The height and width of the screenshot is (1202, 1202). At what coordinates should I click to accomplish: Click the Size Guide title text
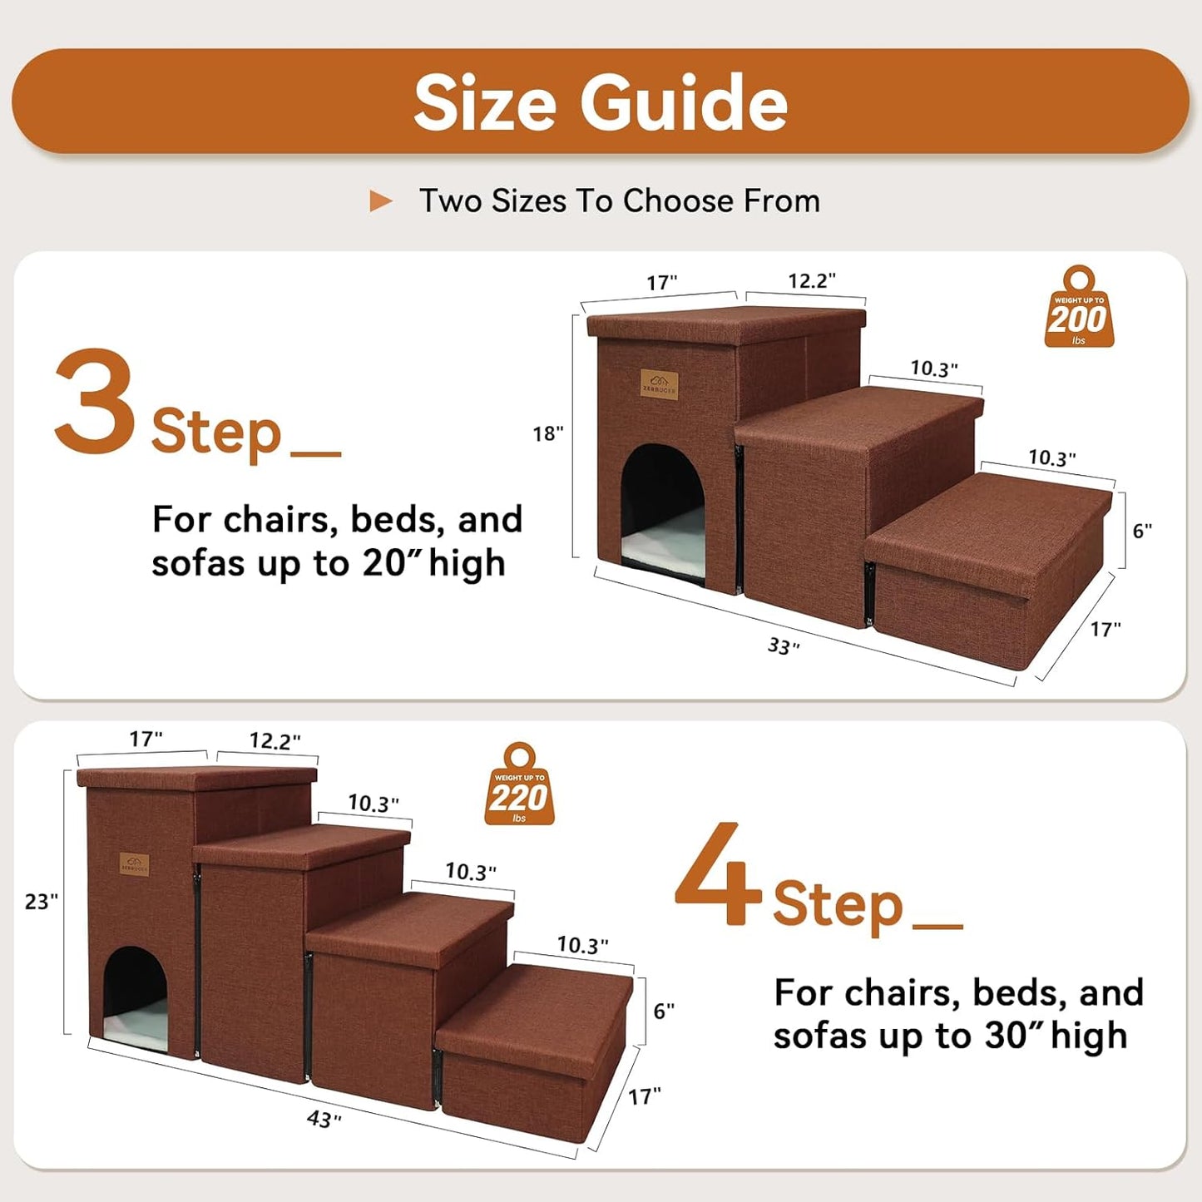point(600,102)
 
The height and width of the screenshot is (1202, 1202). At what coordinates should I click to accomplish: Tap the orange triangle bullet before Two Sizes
point(380,200)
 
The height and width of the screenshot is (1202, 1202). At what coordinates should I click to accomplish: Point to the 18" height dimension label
point(548,433)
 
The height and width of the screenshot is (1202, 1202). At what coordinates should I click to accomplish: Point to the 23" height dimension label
point(41,902)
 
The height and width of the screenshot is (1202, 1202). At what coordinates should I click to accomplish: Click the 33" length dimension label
point(783,646)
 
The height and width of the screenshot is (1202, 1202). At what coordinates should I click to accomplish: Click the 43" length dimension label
point(324,1119)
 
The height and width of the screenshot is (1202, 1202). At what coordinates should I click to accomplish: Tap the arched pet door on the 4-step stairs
point(136,997)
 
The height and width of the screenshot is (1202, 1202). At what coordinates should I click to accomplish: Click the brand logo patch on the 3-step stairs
point(659,383)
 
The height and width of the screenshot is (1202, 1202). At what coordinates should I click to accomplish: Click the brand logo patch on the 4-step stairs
point(134,864)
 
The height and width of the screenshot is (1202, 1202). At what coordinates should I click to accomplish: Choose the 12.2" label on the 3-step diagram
point(811,281)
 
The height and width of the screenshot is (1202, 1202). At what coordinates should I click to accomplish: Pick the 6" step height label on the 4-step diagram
point(663,1011)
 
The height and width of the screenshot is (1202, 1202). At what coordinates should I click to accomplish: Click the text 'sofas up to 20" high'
point(329,563)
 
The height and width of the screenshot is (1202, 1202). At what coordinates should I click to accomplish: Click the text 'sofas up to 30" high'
point(950,1036)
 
